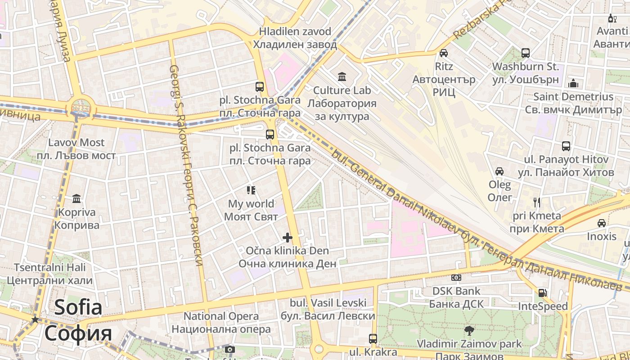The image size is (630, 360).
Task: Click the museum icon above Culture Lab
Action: tap(342, 77)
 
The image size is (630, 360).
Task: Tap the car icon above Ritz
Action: tap(444, 53)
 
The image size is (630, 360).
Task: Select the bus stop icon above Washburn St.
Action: tap(526, 53)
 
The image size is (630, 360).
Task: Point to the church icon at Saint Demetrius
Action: tap(573, 83)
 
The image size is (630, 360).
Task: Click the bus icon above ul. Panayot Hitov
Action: tap(566, 146)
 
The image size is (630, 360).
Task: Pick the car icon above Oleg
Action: tap(499, 171)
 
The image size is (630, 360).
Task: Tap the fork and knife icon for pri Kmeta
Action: tap(536, 202)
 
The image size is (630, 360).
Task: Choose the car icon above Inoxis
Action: tap(602, 223)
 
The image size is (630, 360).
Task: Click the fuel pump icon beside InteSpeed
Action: tap(543, 293)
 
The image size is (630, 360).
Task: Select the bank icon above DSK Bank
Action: tap(456, 278)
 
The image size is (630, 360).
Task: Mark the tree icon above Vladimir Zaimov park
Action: tap(469, 331)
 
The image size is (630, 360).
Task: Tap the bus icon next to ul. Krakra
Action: tap(373, 339)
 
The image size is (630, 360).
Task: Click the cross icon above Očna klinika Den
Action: tap(288, 238)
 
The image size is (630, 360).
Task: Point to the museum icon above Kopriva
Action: tap(76, 198)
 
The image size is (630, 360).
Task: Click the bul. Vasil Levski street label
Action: tap(328, 309)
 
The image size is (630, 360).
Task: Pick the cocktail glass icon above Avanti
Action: tap(612, 18)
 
